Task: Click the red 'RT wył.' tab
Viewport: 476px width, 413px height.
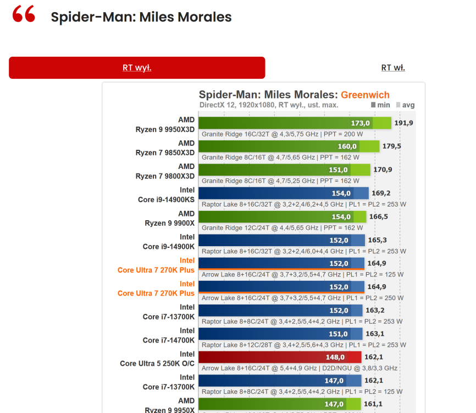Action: coord(137,68)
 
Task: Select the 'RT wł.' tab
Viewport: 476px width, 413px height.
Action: coord(393,68)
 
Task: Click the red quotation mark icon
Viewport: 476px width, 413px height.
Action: coord(24,15)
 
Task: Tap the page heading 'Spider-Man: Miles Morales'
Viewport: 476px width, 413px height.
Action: coord(141,17)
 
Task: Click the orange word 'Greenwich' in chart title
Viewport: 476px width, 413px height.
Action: coord(365,95)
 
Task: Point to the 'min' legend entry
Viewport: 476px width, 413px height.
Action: coord(380,105)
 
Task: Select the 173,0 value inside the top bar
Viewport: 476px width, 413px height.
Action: coord(361,123)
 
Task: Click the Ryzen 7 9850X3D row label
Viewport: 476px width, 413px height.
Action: coord(165,148)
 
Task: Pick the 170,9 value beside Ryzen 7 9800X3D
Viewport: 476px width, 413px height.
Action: coord(383,170)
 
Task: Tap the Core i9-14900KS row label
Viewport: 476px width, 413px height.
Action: coord(166,194)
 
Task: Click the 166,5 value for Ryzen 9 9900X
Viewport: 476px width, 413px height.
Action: coord(378,216)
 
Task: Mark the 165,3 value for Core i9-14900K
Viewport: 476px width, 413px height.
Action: coord(377,240)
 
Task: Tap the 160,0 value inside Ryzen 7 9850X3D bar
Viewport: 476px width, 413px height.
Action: coord(347,146)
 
